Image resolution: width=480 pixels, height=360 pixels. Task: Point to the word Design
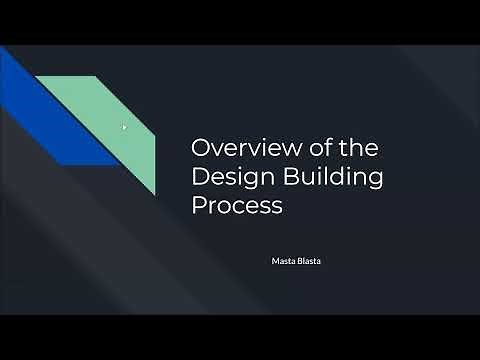(229, 178)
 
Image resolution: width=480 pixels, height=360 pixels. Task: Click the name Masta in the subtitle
(283, 261)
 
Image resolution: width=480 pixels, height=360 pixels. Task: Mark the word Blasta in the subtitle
(310, 261)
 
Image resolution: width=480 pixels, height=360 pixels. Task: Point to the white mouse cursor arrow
(124, 127)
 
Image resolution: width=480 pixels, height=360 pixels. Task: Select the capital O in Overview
(201, 148)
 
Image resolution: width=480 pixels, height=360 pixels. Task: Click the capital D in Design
(200, 178)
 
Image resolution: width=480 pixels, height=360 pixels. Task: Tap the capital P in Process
(198, 207)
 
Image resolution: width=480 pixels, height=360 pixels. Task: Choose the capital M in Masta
(275, 261)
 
